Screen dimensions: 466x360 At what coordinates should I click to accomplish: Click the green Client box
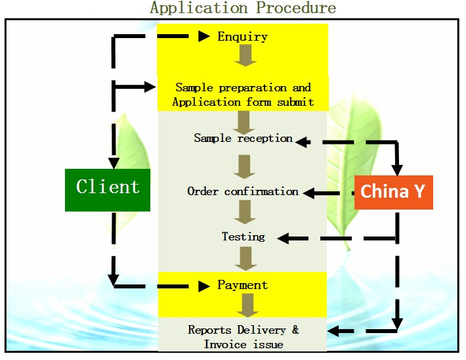[108, 190]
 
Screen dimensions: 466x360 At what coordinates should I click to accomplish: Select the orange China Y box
[394, 192]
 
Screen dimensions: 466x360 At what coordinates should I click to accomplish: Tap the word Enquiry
[242, 37]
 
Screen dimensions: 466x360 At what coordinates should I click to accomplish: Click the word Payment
[242, 285]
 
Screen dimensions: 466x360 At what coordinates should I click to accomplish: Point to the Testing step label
[244, 237]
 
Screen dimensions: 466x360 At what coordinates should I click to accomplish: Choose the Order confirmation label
[243, 191]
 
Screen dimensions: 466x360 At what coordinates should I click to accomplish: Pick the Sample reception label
[243, 138]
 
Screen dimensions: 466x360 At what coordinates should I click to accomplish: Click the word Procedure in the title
[296, 8]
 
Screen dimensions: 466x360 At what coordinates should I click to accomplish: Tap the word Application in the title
[198, 8]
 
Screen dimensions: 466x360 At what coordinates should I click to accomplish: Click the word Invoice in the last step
[225, 344]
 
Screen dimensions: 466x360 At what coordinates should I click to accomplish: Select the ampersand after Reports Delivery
[295, 329]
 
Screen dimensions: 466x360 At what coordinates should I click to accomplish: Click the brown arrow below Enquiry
[245, 55]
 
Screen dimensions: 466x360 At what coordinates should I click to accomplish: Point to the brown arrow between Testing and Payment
[245, 259]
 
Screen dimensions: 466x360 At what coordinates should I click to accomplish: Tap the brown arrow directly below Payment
[248, 305]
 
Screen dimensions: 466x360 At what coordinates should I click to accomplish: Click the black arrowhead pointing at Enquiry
[204, 36]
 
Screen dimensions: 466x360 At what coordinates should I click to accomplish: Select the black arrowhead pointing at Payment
[204, 286]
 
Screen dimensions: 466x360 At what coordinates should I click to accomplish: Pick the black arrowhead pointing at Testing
[283, 238]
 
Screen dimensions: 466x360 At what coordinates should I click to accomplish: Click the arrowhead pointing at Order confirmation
[308, 193]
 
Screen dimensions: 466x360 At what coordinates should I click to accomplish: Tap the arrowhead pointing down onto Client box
[114, 163]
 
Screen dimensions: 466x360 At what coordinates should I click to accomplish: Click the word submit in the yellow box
[295, 102]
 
